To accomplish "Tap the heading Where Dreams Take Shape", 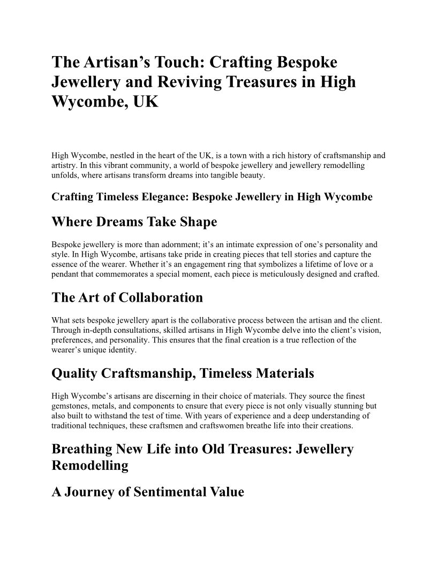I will point(134,222).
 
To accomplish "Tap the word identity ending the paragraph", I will point(124,350).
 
